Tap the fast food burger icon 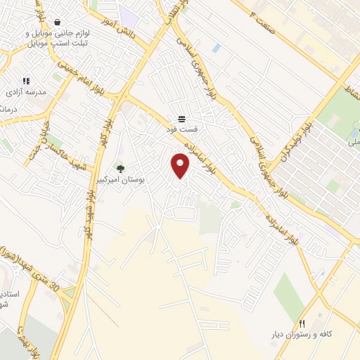click(181, 118)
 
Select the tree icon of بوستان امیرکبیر click(121, 169)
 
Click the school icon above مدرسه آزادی click(27, 82)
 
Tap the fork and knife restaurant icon click(302, 324)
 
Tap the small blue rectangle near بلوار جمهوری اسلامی click(216, 48)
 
